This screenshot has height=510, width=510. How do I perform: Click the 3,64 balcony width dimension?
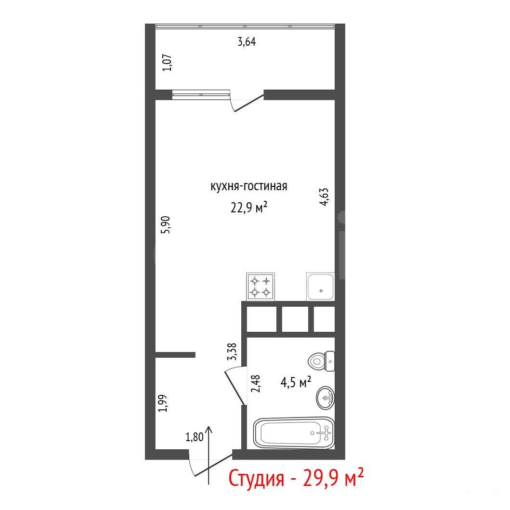(x=247, y=42)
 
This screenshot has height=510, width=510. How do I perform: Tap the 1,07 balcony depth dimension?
(x=167, y=63)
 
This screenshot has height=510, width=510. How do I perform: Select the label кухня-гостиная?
(x=249, y=186)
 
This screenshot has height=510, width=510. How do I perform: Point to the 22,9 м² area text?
(x=249, y=207)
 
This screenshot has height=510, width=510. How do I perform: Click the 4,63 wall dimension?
(x=324, y=197)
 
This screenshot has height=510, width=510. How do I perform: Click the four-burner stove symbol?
(x=261, y=287)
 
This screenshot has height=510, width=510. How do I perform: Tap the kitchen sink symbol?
(x=320, y=287)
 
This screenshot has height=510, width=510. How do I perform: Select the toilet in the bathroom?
(x=321, y=361)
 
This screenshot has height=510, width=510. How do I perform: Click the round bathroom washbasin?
(x=325, y=397)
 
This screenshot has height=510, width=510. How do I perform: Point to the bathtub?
(x=294, y=433)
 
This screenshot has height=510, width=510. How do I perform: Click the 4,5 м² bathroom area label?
(x=296, y=382)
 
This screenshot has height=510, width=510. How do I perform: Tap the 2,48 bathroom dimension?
(x=256, y=383)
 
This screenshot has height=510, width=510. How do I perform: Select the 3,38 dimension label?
(x=232, y=352)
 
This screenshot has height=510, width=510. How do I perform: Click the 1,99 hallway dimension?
(x=163, y=403)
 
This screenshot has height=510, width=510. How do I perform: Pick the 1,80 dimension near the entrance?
(x=195, y=437)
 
